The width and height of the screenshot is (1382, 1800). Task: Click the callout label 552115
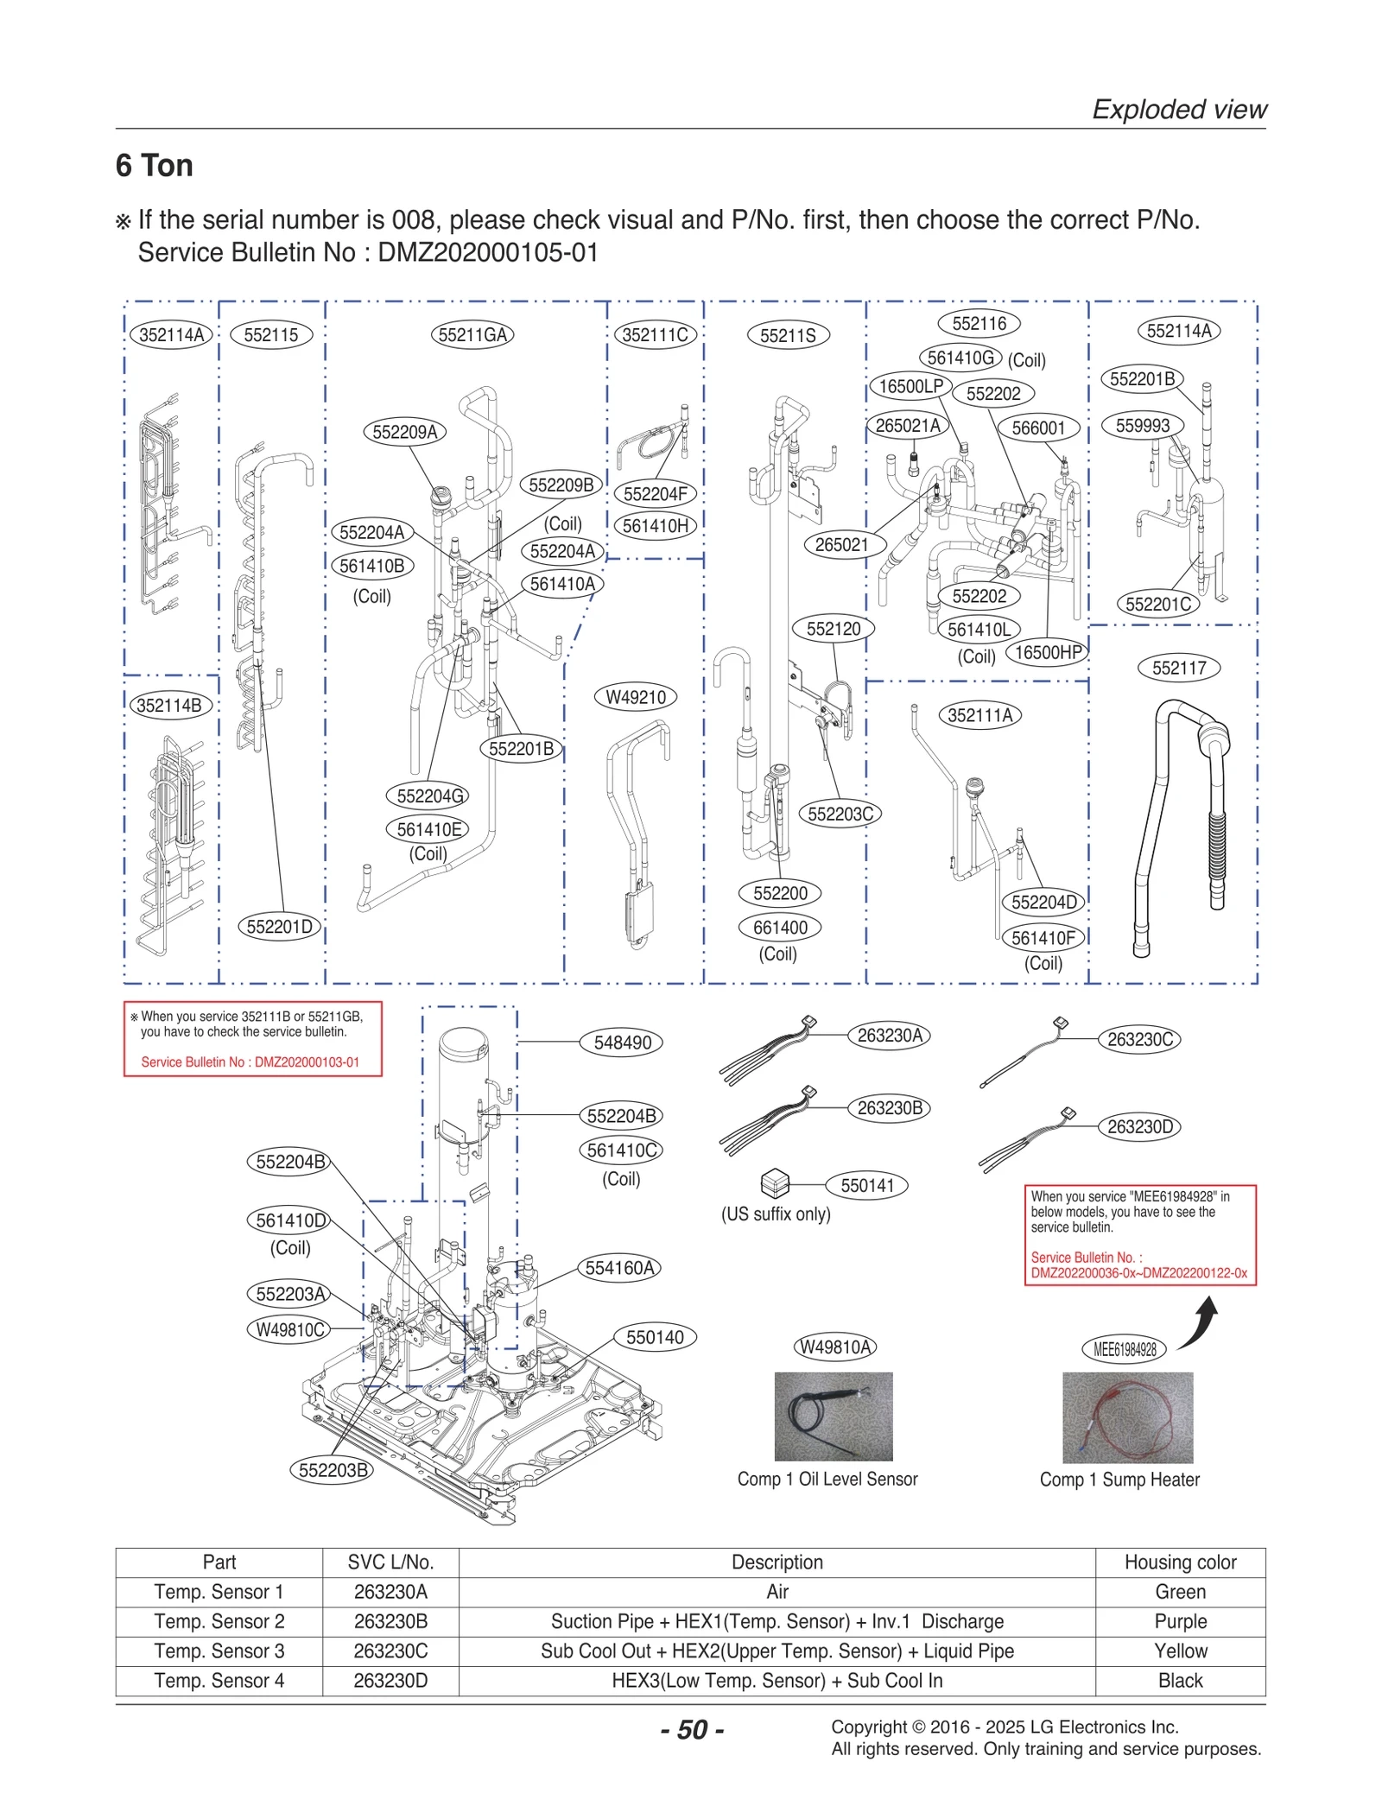270,334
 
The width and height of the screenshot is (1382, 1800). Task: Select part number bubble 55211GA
472,334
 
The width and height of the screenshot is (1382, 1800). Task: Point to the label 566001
1037,428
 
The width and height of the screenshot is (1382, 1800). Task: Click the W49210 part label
635,697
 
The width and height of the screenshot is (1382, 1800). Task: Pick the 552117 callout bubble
1178,668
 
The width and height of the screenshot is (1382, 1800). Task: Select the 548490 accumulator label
622,1043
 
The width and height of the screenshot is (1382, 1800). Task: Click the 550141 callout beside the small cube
866,1185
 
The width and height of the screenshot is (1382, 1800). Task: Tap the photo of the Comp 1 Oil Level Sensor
833,1416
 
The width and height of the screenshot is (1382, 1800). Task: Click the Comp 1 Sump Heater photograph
1126,1417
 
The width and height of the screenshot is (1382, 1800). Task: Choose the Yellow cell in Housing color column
1179,1651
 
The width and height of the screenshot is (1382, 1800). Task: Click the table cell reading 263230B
390,1621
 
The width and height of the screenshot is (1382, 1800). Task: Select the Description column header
777,1562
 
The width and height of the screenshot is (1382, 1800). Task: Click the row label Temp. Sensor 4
219,1680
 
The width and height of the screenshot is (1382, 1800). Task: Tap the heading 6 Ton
154,165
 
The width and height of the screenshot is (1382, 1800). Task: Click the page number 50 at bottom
692,1729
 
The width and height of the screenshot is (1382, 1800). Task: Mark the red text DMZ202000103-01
306,1062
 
